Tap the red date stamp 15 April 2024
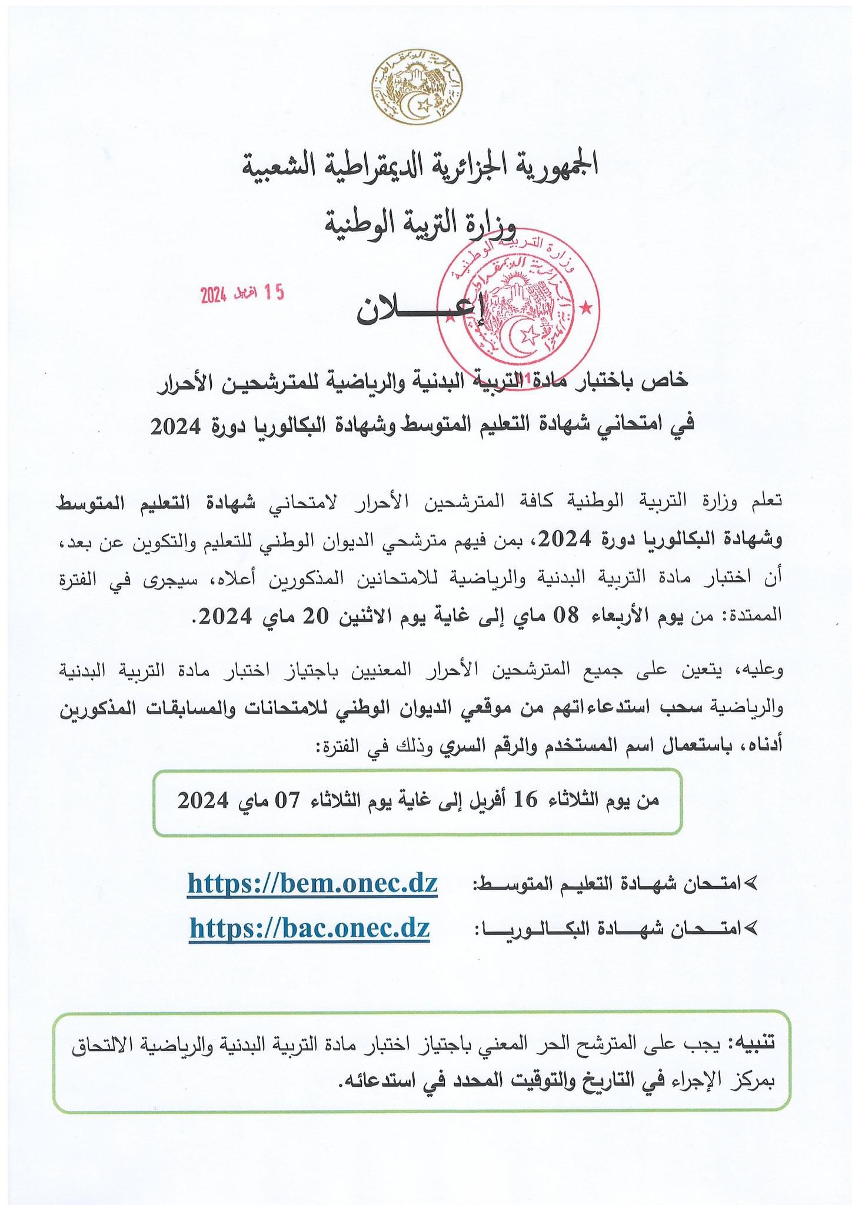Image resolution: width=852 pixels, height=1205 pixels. pyautogui.click(x=242, y=293)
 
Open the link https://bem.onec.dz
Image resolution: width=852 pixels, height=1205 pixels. pyautogui.click(x=312, y=883)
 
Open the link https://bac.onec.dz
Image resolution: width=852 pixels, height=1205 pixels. pyautogui.click(x=309, y=928)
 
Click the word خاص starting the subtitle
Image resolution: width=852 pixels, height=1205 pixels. pyautogui.click(x=670, y=381)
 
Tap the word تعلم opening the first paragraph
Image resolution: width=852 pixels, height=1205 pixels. pyautogui.click(x=766, y=501)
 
